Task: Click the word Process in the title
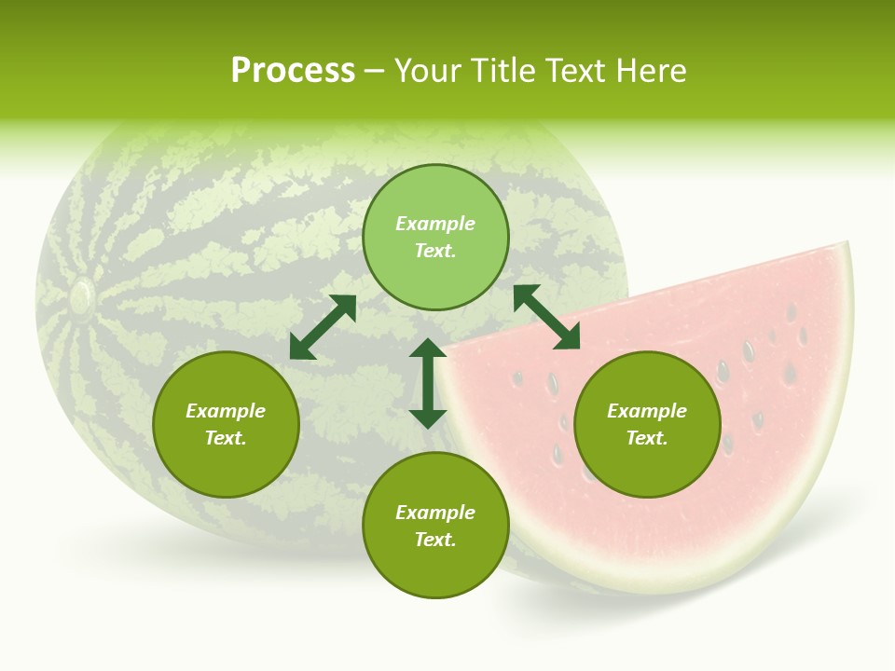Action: coord(293,71)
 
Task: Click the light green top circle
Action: coord(435,237)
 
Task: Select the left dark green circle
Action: coord(226,424)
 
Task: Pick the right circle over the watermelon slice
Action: coord(647,424)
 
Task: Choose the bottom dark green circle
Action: coord(435,526)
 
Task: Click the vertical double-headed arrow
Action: coord(428,383)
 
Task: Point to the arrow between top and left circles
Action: coord(323,327)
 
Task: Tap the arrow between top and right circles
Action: coord(546,317)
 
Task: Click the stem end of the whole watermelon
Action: coord(81,297)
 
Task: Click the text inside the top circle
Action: coord(435,237)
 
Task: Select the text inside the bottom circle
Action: coord(435,526)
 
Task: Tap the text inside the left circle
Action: coord(226,424)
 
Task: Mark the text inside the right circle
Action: coord(647,424)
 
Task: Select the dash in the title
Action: coord(374,72)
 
